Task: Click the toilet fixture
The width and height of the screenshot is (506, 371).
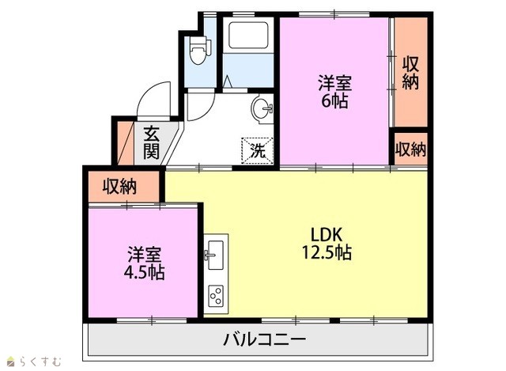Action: coord(200,50)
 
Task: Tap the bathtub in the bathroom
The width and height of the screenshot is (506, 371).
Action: coord(248,35)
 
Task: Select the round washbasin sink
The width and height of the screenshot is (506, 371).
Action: coord(262,108)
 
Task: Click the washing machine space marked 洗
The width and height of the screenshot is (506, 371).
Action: coord(258,151)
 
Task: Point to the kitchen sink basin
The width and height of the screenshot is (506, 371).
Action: coord(215,255)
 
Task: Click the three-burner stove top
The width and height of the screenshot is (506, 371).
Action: coord(216,296)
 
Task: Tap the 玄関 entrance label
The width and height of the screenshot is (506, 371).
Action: coord(151,142)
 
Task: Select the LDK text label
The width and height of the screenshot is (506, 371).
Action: coord(326,235)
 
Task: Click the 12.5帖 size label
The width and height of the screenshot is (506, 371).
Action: coord(327,252)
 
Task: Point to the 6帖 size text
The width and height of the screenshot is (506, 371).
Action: coord(334,101)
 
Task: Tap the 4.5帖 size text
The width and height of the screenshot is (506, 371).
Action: coord(144,272)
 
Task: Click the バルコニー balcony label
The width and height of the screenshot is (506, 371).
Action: coord(265,339)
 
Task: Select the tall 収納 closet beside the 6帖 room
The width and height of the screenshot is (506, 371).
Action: coord(411,72)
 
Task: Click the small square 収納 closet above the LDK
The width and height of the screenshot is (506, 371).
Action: coord(411,150)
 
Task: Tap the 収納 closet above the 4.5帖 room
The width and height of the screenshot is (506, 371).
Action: coord(124,187)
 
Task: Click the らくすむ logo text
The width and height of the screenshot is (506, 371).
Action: coord(40,362)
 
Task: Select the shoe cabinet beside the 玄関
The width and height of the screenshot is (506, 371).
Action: coord(125,143)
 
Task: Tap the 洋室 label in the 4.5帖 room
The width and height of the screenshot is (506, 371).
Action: coord(144,254)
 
